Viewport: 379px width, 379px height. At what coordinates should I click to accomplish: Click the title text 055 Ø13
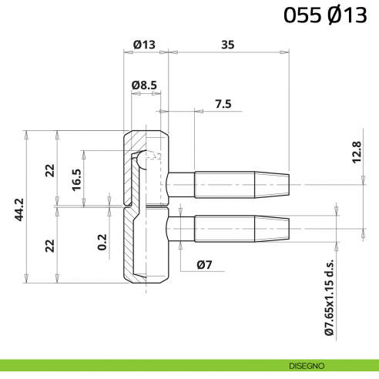(x=324, y=15)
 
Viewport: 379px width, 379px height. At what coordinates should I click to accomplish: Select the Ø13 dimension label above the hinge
(x=143, y=45)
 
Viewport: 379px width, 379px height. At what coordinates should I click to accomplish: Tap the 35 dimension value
(x=227, y=45)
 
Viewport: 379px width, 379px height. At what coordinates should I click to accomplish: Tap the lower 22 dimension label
(x=50, y=245)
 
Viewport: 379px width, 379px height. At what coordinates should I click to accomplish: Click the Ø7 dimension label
(x=204, y=266)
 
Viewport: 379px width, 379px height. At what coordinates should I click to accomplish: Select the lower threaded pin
(x=231, y=227)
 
